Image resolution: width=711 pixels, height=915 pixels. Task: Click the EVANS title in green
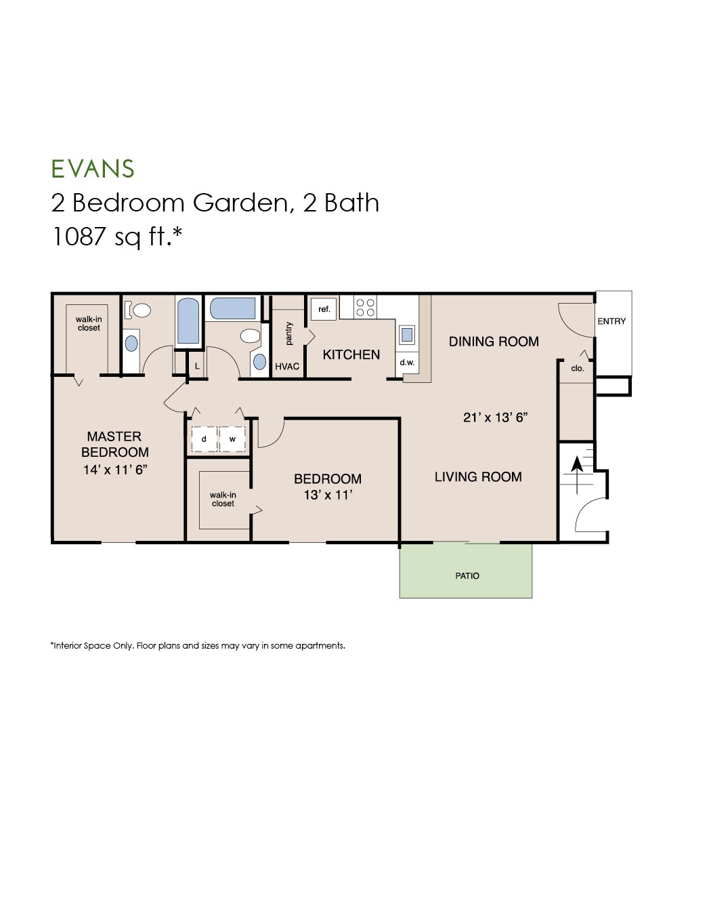click(93, 169)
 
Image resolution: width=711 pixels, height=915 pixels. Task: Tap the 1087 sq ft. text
click(117, 237)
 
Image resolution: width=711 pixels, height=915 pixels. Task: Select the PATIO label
click(467, 575)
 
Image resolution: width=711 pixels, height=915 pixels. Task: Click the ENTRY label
click(611, 321)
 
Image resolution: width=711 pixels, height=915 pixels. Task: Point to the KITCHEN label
click(351, 354)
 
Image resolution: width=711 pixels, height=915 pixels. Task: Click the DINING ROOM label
click(494, 342)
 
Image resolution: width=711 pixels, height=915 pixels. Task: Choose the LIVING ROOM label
click(478, 476)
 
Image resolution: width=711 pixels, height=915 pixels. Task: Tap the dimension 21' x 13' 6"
click(494, 418)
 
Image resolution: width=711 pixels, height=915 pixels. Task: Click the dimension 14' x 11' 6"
click(115, 469)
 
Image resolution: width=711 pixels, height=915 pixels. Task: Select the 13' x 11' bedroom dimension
click(327, 495)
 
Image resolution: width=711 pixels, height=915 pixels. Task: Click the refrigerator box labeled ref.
click(324, 309)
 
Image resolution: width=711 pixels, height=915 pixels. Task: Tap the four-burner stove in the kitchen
click(366, 307)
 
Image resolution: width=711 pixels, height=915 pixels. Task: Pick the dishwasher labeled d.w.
click(407, 363)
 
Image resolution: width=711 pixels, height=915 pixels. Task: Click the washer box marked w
click(233, 439)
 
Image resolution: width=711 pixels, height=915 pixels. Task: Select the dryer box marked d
click(204, 439)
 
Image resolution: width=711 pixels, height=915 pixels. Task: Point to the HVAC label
click(287, 367)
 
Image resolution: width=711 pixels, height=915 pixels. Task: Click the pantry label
click(289, 333)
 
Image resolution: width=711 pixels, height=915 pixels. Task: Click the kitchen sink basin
click(407, 334)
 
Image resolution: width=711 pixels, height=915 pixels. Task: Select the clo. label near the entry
click(577, 368)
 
